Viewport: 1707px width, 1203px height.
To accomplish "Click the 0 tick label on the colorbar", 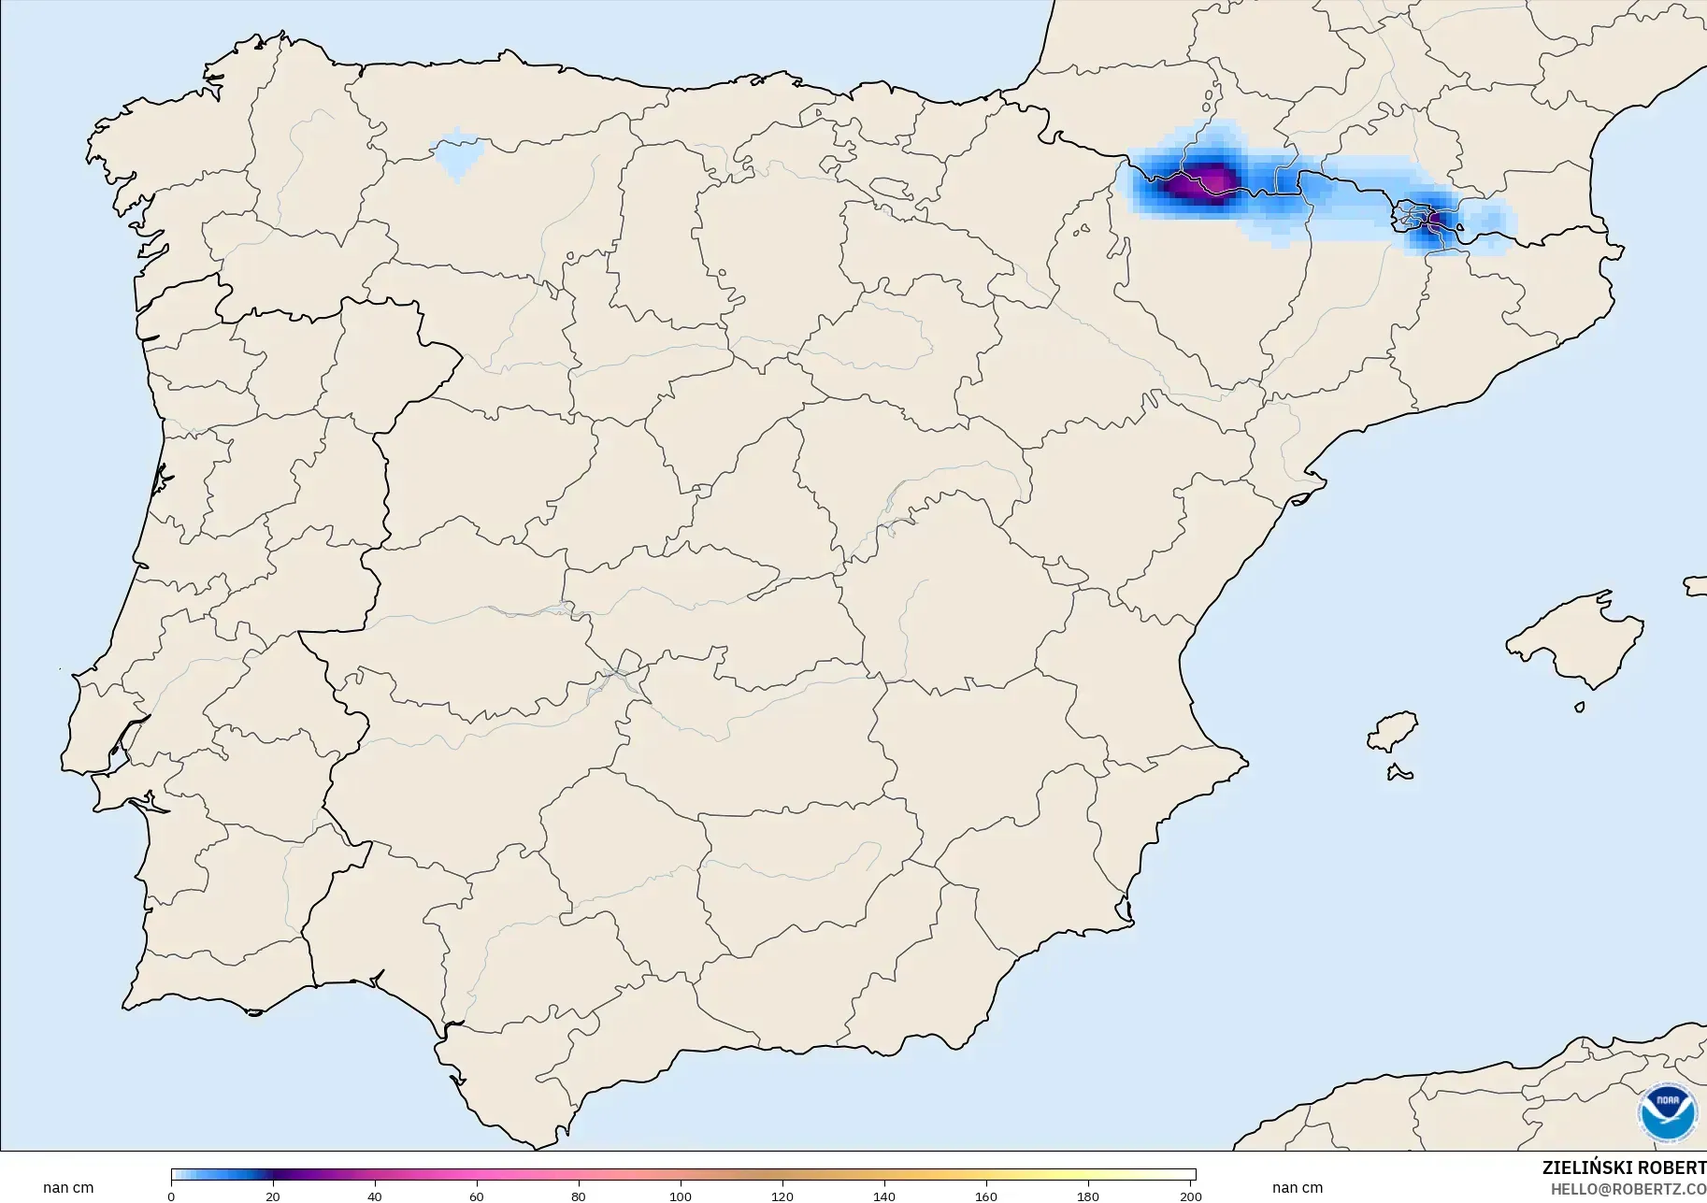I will (171, 1196).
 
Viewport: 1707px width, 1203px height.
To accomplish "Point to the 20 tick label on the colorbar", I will (272, 1196).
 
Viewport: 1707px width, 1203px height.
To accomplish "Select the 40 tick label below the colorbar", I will (374, 1196).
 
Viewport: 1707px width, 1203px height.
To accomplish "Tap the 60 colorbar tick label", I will (477, 1196).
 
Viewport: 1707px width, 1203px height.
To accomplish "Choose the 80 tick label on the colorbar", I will (579, 1196).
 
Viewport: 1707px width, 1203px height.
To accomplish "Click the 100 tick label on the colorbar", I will (681, 1196).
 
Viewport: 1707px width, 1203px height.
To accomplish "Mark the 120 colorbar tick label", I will (782, 1196).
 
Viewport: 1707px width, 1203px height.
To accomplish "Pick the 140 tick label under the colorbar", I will (884, 1196).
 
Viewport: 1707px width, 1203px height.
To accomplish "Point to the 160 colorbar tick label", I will (986, 1196).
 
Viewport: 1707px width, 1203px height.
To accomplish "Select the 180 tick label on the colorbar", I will (1088, 1196).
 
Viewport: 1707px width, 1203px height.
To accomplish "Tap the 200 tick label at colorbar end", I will (1190, 1196).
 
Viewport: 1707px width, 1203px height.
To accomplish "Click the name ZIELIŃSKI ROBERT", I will (1624, 1167).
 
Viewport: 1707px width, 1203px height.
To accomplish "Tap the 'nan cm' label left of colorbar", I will (68, 1188).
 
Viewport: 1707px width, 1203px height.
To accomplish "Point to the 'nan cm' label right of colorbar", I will (1298, 1188).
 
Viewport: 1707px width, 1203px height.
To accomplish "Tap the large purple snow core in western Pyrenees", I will (1201, 182).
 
